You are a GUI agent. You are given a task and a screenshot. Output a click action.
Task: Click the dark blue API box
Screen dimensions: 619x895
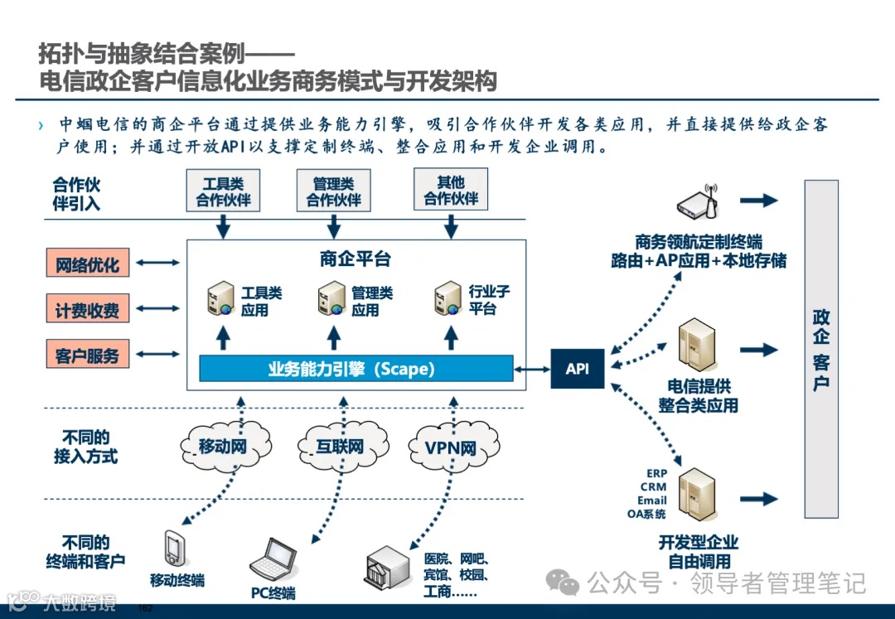coord(578,369)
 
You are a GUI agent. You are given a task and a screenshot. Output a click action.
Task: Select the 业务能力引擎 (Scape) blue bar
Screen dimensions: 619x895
coord(351,369)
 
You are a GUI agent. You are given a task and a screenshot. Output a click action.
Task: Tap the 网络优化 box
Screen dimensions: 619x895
coord(87,265)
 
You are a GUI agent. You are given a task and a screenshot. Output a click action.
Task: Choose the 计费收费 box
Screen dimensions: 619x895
coord(87,311)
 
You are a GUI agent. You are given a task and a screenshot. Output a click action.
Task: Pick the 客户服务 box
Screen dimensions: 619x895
coord(87,356)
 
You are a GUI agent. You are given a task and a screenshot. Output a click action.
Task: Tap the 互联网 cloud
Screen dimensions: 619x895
coord(340,447)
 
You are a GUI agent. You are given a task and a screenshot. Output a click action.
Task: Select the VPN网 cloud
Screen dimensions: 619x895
coord(451,447)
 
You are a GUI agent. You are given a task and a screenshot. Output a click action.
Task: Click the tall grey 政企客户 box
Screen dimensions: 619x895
coord(821,349)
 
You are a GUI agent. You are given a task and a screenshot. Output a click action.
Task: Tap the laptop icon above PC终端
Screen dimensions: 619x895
coord(273,561)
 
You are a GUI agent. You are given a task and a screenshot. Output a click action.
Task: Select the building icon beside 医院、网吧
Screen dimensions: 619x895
coord(388,568)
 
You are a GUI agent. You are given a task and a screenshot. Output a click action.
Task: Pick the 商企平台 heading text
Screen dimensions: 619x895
coord(355,259)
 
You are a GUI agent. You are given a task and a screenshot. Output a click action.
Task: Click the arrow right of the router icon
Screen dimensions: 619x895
coord(758,201)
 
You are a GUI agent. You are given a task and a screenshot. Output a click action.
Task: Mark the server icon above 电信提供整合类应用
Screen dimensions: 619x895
coord(696,344)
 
